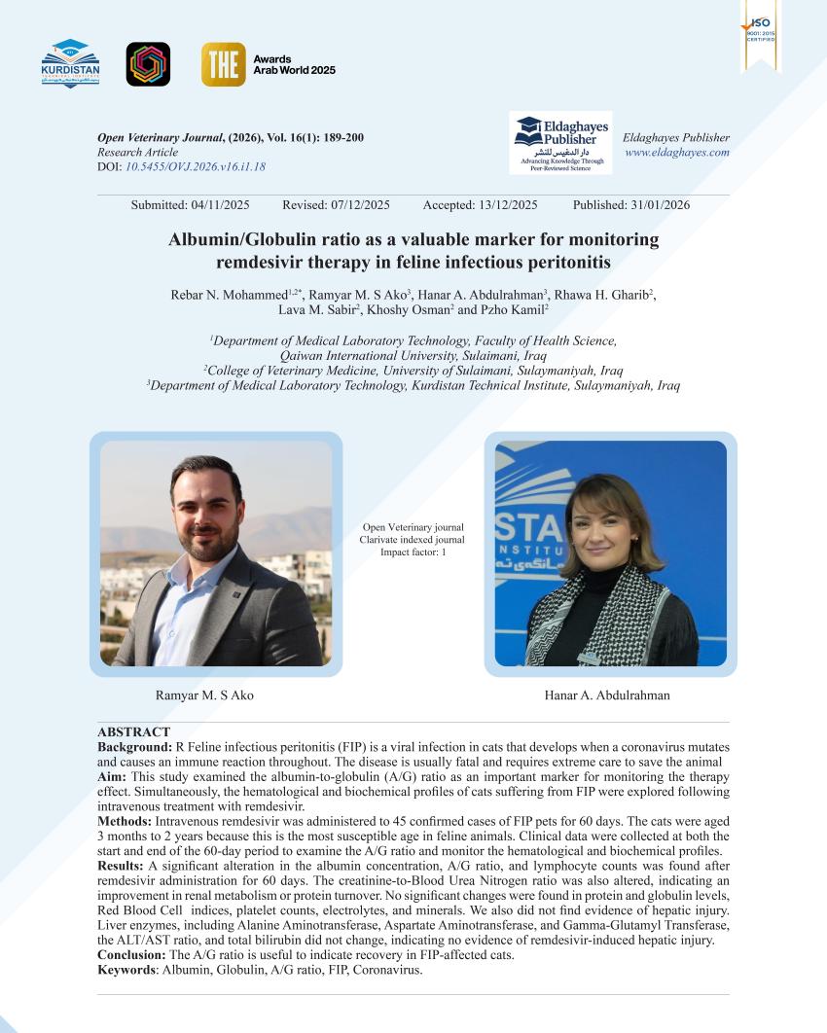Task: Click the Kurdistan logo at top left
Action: (70, 64)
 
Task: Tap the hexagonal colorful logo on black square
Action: (148, 64)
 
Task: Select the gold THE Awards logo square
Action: (223, 64)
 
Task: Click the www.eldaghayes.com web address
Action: (676, 153)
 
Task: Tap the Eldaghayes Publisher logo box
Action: (560, 143)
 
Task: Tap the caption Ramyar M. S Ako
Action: (204, 695)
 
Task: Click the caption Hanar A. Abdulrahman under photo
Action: (607, 695)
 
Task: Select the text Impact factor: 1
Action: (413, 552)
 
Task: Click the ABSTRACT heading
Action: (133, 731)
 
